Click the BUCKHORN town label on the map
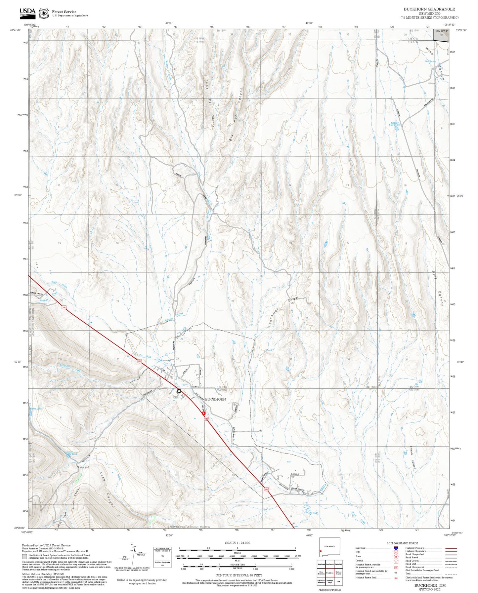pos(215,399)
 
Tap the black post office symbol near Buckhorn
pos(179,391)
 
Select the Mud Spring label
pos(430,61)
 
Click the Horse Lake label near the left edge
pos(36,409)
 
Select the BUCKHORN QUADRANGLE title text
pos(429,9)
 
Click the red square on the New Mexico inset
pos(321,551)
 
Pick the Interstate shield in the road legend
pos(396,548)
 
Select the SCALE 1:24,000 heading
pos(237,543)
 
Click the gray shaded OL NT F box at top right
pos(442,35)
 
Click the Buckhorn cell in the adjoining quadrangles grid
pos(329,573)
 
